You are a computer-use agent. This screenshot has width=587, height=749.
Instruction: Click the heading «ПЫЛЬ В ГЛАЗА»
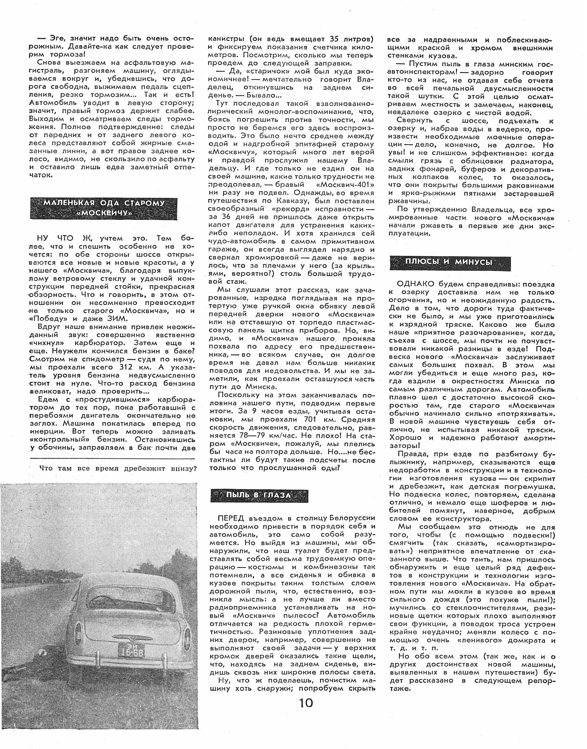[259, 495]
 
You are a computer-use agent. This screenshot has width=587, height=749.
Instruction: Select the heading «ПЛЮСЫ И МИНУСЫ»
[449, 262]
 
